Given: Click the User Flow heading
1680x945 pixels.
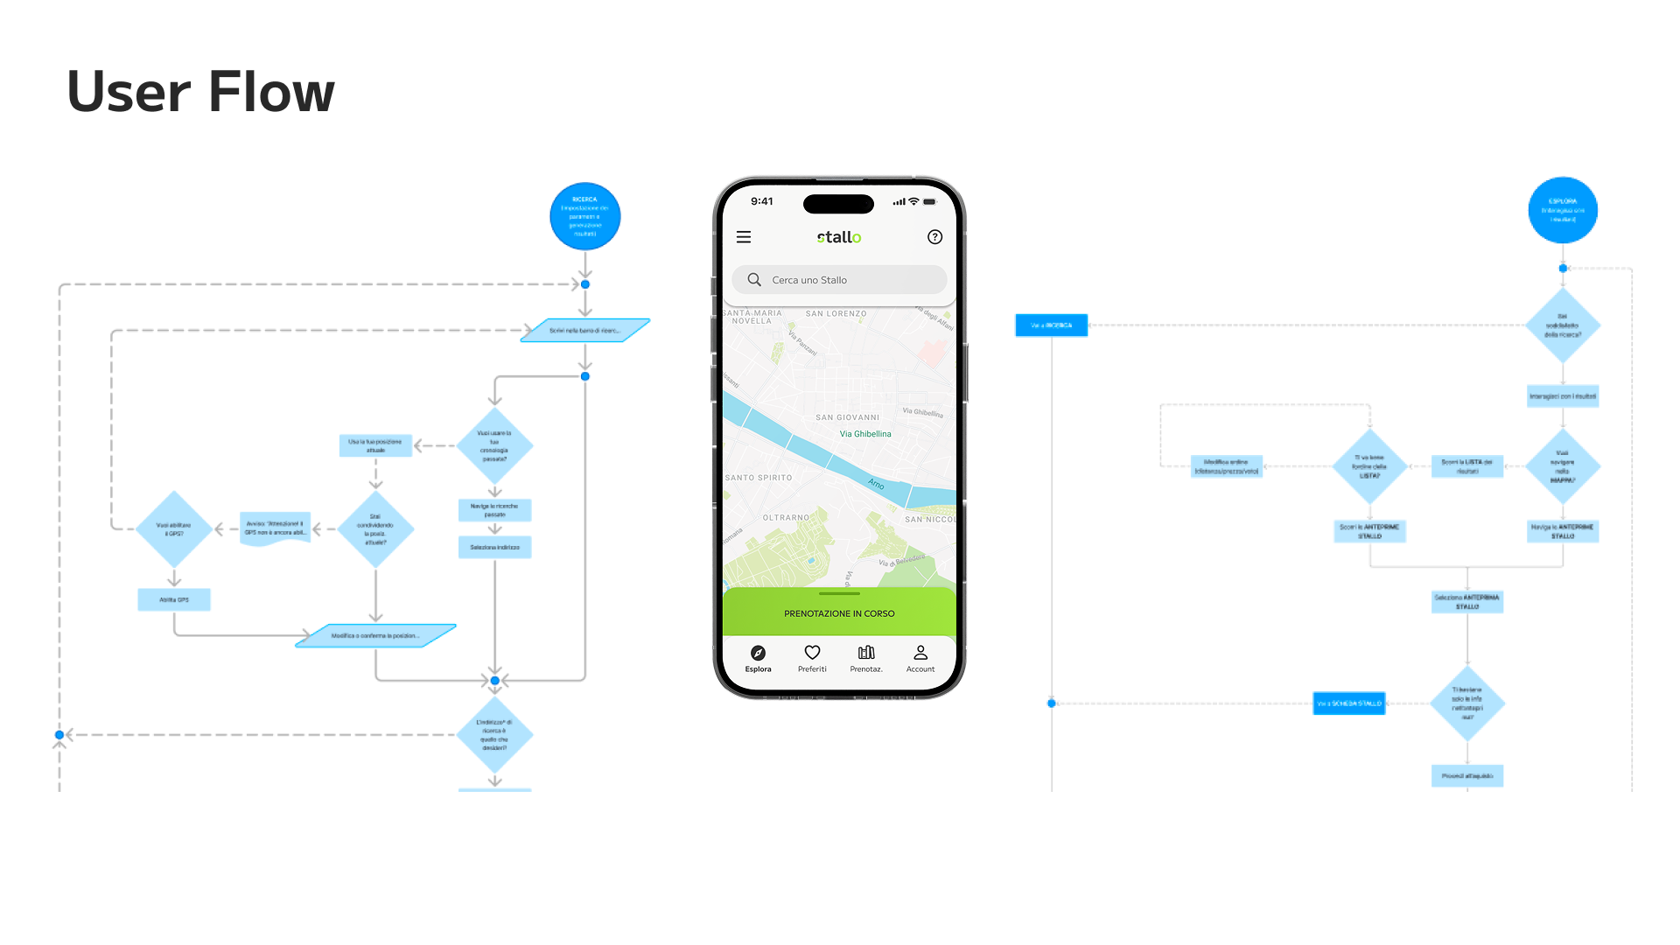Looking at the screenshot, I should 200,92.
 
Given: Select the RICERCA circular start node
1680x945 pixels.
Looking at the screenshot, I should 584,216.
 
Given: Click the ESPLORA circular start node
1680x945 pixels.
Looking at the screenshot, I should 1563,210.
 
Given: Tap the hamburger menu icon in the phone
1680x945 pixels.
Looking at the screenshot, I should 744,237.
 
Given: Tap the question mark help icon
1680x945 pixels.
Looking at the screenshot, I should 934,237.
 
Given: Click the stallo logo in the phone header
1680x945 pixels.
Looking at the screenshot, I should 839,237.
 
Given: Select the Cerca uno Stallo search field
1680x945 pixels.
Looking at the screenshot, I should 839,280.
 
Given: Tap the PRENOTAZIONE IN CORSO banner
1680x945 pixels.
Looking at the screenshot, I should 839,613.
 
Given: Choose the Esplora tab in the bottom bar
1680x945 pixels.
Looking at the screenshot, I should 758,658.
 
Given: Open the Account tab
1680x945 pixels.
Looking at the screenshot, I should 920,658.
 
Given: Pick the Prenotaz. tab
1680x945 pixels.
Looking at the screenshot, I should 866,658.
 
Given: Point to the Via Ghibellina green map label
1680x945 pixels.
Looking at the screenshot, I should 865,434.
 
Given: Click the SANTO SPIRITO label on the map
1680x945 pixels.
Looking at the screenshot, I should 759,478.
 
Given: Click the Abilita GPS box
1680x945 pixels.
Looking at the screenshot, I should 174,599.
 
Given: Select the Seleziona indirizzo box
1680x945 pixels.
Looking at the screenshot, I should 494,547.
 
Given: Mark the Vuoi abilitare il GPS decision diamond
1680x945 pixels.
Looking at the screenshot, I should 174,528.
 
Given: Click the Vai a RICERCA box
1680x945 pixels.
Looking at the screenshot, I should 1051,325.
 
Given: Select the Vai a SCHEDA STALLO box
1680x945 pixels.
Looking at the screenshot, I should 1348,703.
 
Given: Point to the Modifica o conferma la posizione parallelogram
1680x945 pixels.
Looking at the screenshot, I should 375,635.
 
